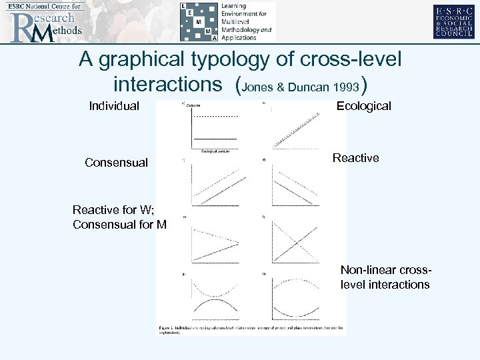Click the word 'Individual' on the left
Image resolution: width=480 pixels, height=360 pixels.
[115, 106]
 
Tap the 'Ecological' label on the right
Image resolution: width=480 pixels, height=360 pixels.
[363, 106]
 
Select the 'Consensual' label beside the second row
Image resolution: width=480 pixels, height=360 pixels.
[116, 163]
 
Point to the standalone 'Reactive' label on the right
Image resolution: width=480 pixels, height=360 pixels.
[355, 158]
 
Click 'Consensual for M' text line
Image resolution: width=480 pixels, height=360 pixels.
[120, 224]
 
